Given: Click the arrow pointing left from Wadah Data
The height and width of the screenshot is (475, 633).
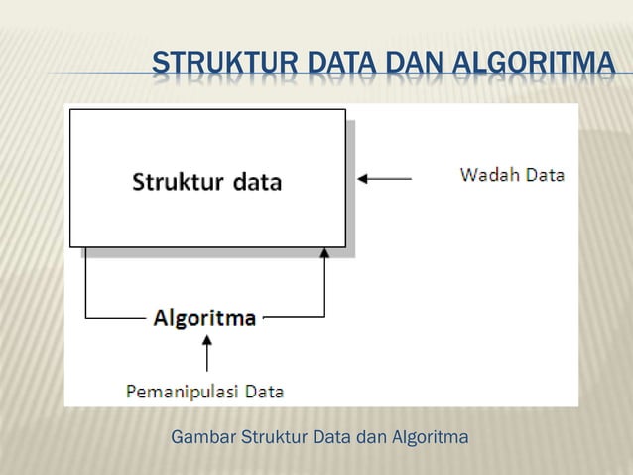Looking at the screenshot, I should [384, 178].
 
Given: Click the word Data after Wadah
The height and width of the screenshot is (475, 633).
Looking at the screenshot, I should [545, 175].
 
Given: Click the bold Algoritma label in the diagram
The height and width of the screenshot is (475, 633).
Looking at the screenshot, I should [204, 318].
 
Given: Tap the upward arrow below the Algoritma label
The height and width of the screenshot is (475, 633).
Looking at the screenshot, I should [206, 353].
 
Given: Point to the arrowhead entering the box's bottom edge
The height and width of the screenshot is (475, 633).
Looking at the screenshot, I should [324, 254].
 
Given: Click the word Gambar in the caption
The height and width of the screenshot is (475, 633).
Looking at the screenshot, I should [196, 437].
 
